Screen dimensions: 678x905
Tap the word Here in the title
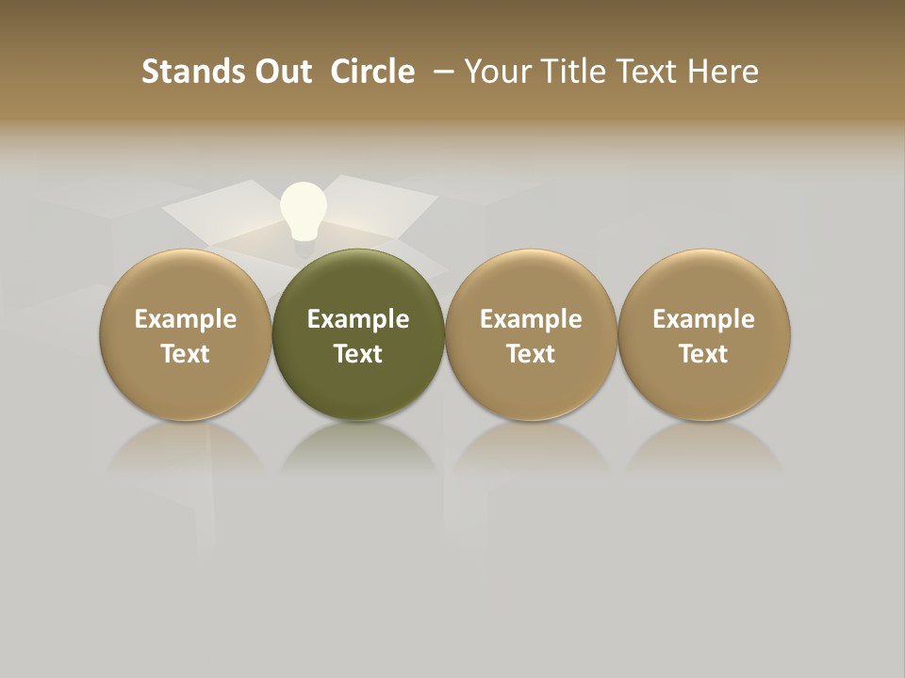(723, 72)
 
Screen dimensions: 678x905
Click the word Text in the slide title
(647, 72)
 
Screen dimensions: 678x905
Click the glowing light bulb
(304, 211)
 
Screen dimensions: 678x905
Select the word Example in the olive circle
(358, 319)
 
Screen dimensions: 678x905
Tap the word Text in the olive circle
(358, 354)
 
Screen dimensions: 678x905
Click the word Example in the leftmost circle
(186, 319)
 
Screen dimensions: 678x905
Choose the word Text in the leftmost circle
(186, 354)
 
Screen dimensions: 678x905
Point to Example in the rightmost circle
(704, 319)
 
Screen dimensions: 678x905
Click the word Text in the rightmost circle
(704, 354)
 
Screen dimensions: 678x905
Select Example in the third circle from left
(531, 319)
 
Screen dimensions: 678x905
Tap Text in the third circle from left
(531, 354)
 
